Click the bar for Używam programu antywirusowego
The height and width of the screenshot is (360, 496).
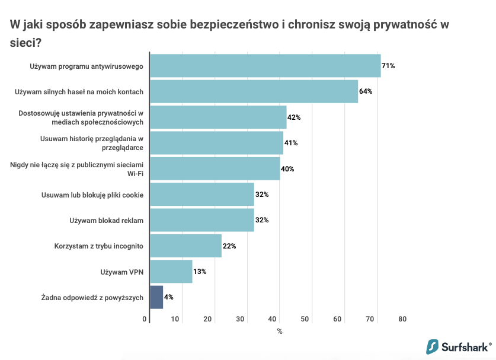(x=265, y=66)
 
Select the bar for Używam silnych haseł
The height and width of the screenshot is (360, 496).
(x=254, y=91)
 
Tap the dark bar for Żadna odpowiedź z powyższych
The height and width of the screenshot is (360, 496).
(x=156, y=297)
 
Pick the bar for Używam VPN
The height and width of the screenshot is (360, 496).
(x=171, y=272)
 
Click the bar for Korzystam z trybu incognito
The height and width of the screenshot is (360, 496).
(x=185, y=246)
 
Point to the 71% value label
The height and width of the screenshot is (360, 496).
(x=388, y=66)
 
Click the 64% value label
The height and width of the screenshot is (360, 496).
(x=366, y=91)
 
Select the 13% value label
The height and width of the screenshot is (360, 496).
(x=200, y=272)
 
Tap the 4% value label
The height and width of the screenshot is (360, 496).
(x=169, y=297)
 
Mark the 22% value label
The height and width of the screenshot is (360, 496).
(x=229, y=246)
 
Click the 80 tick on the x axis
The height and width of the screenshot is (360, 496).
(x=402, y=319)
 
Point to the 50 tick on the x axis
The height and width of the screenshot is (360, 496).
(x=306, y=319)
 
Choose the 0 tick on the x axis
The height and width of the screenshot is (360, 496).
(x=145, y=319)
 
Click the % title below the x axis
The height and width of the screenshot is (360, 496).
(x=280, y=332)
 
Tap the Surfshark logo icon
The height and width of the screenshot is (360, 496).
(x=433, y=347)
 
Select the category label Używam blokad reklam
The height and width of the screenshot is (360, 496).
(x=107, y=220)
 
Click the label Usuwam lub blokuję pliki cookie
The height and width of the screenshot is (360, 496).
(x=92, y=195)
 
